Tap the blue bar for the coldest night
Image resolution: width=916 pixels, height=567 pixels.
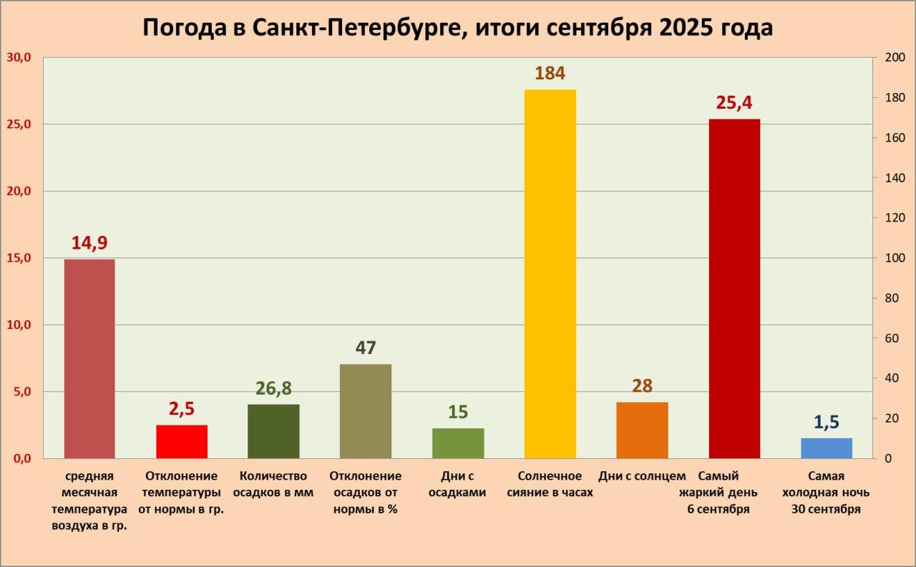point(827,448)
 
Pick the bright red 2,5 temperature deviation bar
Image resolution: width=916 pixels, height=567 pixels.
point(182,442)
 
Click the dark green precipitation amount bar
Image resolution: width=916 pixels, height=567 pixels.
point(273,431)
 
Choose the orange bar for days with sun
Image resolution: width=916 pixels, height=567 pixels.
point(642,430)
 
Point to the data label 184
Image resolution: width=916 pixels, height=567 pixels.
point(550,73)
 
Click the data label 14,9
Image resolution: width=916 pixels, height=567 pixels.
point(89,243)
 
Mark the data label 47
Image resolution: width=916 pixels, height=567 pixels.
point(366,348)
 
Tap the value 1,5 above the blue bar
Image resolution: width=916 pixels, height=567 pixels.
point(827,423)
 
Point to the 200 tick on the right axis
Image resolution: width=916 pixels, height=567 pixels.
point(895,58)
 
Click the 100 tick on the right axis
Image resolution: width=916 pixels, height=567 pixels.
point(895,258)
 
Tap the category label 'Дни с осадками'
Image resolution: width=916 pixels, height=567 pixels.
point(458,484)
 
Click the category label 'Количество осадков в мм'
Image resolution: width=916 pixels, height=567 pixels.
point(273,484)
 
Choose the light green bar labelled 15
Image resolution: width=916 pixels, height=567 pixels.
point(458,443)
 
